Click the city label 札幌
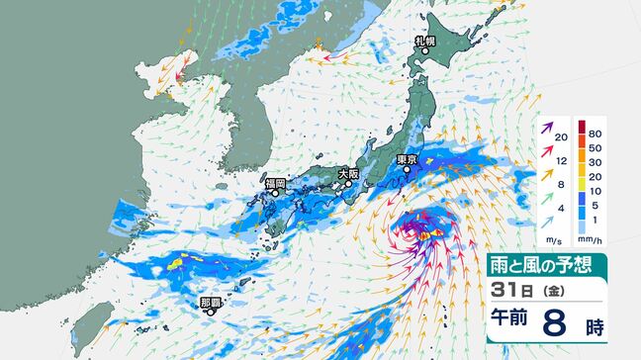click(x=424, y=43)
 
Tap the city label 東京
click(x=406, y=158)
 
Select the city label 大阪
click(x=348, y=173)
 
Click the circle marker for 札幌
click(x=423, y=53)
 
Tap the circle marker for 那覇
click(x=210, y=312)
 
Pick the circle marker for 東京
click(x=406, y=169)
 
